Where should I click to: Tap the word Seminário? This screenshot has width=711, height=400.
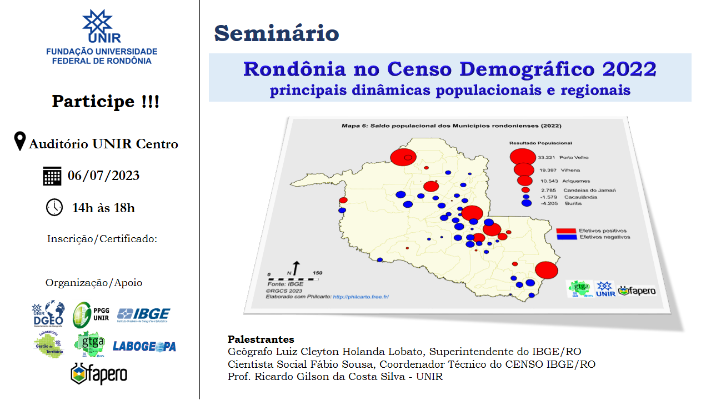276,34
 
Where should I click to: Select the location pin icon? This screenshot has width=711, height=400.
20,142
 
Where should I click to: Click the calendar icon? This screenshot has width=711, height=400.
52,176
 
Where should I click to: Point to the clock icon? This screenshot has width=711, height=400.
54,207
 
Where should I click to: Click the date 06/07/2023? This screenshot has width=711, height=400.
103,176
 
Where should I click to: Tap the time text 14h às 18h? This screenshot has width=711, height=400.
103,208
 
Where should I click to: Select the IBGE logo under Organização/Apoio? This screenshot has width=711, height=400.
143,314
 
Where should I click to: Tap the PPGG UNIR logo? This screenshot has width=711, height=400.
92,314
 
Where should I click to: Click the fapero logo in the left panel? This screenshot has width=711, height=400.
99,373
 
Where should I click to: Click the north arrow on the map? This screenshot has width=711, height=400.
296,267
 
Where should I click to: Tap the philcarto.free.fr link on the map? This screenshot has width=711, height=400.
360,297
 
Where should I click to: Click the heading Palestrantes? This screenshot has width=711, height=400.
261,339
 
